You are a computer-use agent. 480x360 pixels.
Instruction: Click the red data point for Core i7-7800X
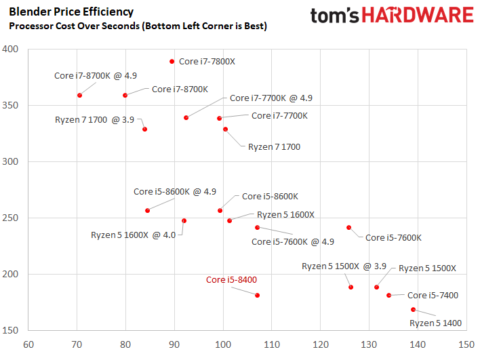tap(172, 62)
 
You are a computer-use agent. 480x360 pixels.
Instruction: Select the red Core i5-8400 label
tap(231, 279)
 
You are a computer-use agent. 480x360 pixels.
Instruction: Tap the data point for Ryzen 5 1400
tap(414, 309)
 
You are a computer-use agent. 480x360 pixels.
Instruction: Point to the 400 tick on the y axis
tap(10, 49)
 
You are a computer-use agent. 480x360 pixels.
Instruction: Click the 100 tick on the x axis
tap(223, 344)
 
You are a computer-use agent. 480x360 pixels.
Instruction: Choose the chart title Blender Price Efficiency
tap(71, 12)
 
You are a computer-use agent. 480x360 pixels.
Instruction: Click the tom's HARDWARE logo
tap(392, 16)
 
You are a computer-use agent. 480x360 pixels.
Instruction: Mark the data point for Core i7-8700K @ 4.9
tap(79, 96)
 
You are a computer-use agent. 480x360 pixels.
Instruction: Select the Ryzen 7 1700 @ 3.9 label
tap(95, 119)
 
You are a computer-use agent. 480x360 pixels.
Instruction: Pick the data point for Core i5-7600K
tap(349, 227)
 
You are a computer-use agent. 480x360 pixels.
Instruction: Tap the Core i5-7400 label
tap(433, 295)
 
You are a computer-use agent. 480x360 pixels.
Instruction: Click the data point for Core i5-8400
tap(258, 296)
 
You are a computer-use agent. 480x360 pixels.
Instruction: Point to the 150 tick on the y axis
tap(10, 330)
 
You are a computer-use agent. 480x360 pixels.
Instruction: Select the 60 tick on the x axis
tap(28, 344)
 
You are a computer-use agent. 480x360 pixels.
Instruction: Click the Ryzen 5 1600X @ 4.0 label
tap(133, 235)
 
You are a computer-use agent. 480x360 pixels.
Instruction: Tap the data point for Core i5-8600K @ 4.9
tap(148, 211)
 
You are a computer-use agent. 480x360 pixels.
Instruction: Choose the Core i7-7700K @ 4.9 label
tap(271, 98)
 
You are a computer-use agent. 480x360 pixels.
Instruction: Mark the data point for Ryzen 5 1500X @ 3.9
tap(351, 287)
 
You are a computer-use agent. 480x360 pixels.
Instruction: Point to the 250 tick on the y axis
tap(10, 218)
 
